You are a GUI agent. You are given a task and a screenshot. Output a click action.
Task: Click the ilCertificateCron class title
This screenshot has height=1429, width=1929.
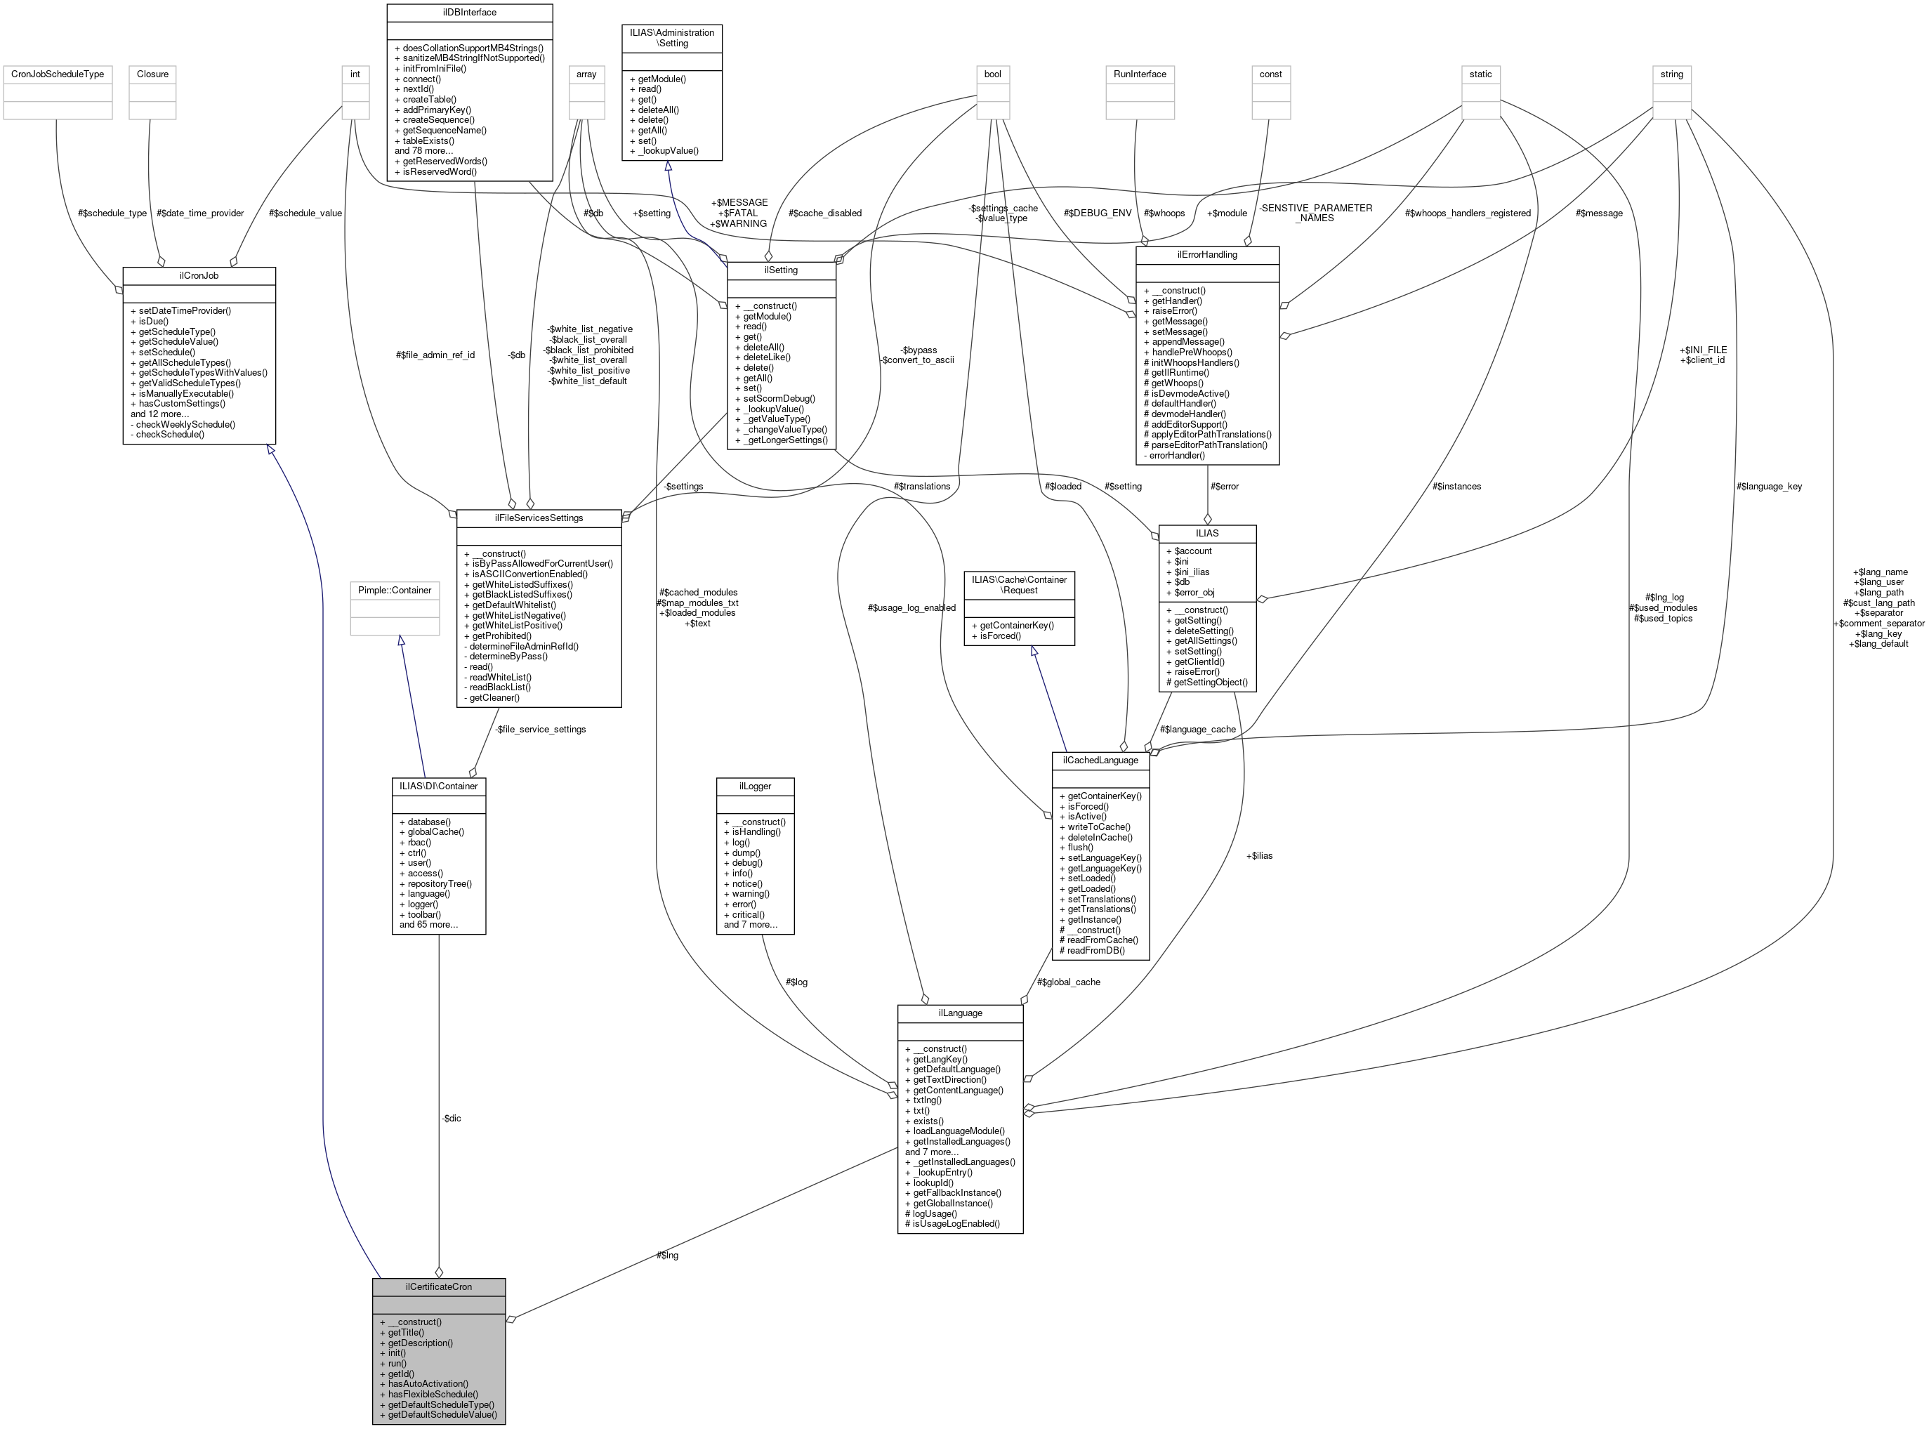[x=439, y=1286]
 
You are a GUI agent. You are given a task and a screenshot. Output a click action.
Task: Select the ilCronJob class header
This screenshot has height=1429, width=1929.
[x=199, y=275]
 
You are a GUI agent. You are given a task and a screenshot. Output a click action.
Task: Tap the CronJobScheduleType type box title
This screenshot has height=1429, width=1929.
[x=57, y=74]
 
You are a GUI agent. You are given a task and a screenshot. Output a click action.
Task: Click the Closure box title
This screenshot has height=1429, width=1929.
[x=152, y=74]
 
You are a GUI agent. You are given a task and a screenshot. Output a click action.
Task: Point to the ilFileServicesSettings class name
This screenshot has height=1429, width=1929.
[x=538, y=518]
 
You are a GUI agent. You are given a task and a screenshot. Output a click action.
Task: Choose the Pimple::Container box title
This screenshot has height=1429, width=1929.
[x=395, y=590]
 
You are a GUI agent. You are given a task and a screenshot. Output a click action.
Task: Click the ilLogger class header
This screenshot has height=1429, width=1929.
[x=754, y=786]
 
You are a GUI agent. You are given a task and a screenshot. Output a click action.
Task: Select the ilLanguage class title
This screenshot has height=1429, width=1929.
[x=959, y=1012]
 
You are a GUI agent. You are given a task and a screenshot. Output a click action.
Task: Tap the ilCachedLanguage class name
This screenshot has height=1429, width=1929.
[x=1100, y=760]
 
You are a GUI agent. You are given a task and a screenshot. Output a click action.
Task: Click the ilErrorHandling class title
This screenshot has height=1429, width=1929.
[x=1206, y=254]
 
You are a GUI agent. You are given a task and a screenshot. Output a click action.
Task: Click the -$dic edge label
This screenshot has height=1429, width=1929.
[x=451, y=1119]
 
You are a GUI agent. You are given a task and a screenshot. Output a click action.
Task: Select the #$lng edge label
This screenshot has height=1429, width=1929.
[x=667, y=1254]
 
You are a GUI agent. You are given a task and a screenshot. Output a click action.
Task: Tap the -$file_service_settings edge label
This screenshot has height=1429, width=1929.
[x=540, y=729]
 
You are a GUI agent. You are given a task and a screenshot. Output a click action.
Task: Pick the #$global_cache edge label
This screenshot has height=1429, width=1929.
[x=1068, y=982]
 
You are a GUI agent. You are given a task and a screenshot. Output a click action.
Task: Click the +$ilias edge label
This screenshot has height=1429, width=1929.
[x=1258, y=855]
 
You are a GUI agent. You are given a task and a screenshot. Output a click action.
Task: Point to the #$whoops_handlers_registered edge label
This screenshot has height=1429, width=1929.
[x=1467, y=213]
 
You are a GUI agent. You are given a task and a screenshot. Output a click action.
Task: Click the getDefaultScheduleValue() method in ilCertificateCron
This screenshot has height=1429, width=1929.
[x=442, y=1414]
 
